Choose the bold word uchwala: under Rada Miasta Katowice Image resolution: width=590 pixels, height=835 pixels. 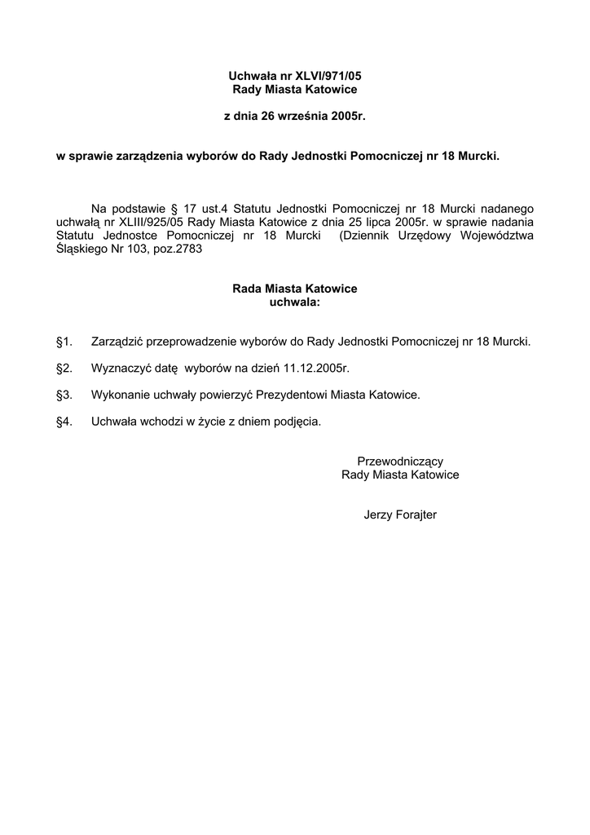[295, 302]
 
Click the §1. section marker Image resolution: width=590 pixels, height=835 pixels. [64, 341]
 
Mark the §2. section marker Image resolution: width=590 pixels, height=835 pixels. [64, 368]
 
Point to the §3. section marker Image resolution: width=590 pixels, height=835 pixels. [64, 395]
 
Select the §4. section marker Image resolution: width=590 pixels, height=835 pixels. [64, 422]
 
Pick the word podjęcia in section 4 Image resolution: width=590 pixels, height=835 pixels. [296, 422]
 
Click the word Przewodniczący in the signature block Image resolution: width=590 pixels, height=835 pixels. [400, 461]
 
